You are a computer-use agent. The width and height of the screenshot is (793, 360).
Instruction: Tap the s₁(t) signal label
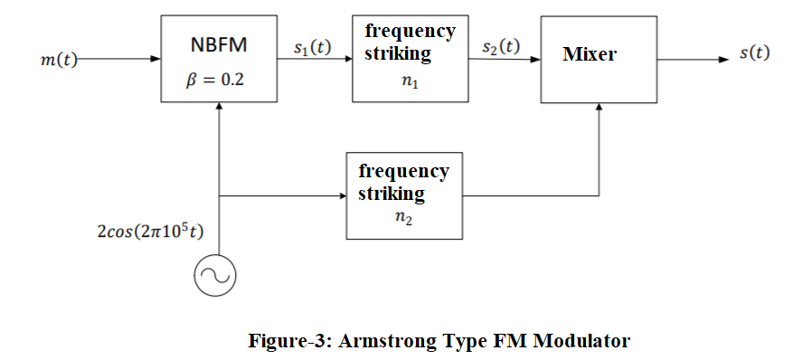[x=313, y=47]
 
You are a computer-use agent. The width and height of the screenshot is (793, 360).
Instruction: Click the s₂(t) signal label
[x=501, y=46]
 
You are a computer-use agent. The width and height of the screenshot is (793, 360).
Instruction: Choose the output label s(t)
[x=754, y=52]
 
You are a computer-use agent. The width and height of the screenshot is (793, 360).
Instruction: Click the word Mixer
[x=589, y=54]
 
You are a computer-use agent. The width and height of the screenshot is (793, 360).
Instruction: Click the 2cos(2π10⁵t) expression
[x=150, y=232]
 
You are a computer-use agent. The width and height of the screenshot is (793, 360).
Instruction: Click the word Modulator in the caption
[x=581, y=341]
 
